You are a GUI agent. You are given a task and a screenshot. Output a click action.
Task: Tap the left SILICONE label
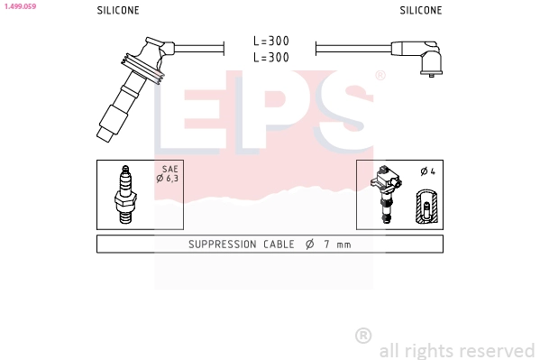click(118, 11)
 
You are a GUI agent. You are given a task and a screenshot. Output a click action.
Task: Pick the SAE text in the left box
click(169, 169)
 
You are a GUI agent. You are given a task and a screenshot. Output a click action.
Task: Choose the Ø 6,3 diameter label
click(169, 179)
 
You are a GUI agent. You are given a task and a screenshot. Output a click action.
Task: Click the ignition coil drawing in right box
click(387, 193)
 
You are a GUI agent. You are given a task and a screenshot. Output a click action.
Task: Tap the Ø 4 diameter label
click(426, 171)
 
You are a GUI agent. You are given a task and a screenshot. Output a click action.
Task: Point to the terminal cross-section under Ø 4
click(426, 207)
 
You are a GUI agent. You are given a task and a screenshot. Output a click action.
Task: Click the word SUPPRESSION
click(224, 245)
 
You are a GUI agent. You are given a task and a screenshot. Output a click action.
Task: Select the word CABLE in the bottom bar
click(279, 245)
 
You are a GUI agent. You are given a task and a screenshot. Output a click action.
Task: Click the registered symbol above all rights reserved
click(363, 335)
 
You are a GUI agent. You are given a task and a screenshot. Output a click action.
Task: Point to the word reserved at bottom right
click(499, 350)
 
